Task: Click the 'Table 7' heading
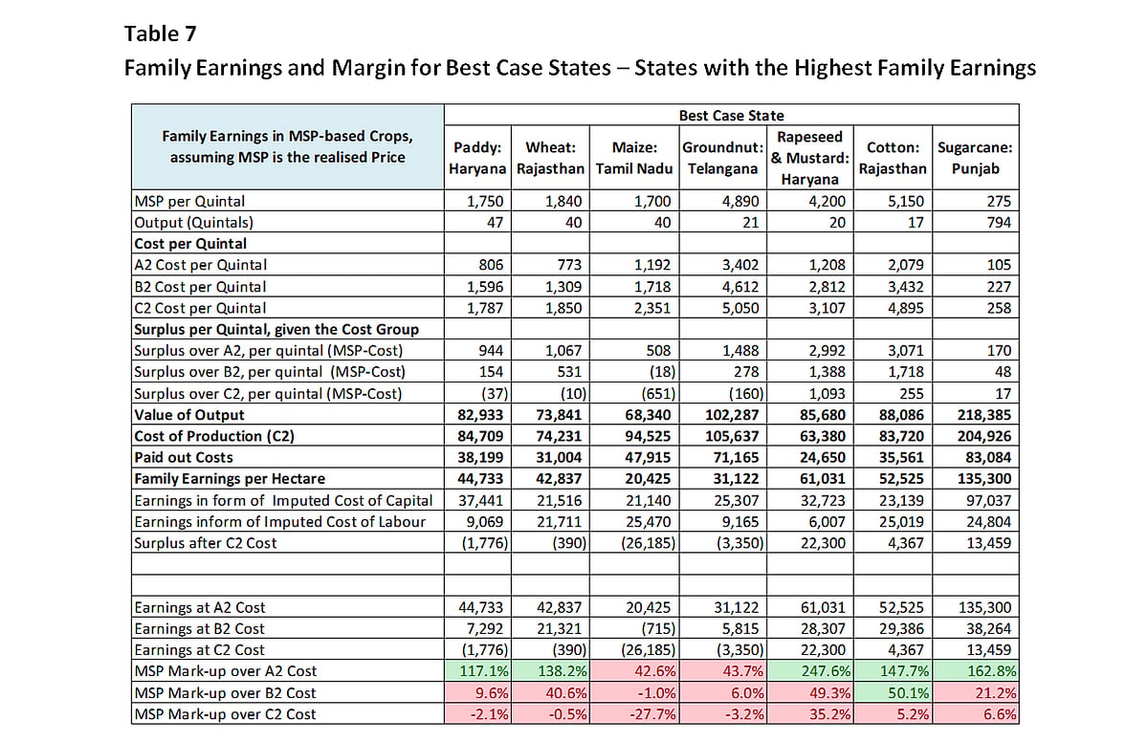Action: click(x=160, y=33)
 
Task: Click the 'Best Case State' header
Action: click(x=731, y=116)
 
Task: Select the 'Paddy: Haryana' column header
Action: click(x=477, y=158)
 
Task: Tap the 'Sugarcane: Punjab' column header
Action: click(x=975, y=158)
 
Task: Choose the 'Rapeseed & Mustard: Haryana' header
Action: click(x=809, y=158)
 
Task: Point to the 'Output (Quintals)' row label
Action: click(x=193, y=223)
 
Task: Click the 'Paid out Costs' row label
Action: click(x=184, y=457)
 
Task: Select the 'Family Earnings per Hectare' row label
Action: click(x=230, y=478)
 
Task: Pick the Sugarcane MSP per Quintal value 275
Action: click(x=999, y=201)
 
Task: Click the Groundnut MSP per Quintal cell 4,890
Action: click(x=740, y=201)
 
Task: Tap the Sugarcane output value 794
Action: click(x=999, y=223)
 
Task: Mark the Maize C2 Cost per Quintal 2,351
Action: click(x=651, y=308)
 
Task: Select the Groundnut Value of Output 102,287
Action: click(x=731, y=415)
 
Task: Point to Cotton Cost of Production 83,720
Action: click(x=901, y=436)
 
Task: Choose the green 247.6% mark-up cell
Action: click(x=809, y=670)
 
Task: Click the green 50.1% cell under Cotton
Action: click(x=893, y=692)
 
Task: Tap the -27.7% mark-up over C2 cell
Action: click(x=634, y=713)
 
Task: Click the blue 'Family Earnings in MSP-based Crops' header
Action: click(x=288, y=146)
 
